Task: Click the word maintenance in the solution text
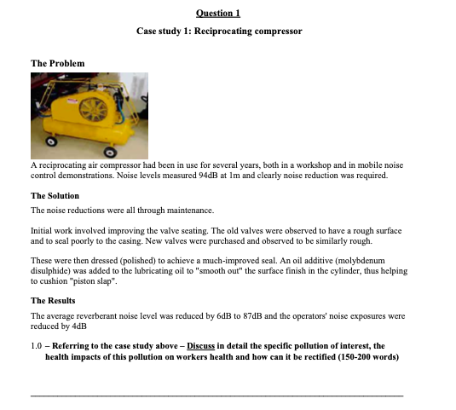click(191, 210)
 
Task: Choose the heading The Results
click(53, 301)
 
